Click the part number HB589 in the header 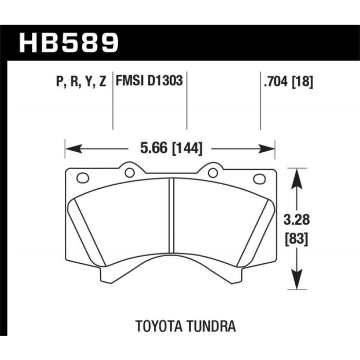point(69,43)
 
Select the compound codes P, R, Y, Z point(81,81)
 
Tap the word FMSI point(130,81)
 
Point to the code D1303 point(165,81)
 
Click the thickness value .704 point(276,81)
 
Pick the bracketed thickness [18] point(302,81)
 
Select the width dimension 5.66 point(154,148)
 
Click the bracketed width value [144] point(187,148)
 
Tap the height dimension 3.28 point(296,220)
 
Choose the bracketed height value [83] point(296,239)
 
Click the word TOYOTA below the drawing point(160,326)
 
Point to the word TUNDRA point(212,326)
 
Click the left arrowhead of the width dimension point(74,149)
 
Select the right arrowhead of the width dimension point(266,149)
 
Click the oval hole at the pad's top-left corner point(83,178)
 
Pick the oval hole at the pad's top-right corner point(259,178)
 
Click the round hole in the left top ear point(130,173)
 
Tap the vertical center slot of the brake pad point(171,215)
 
